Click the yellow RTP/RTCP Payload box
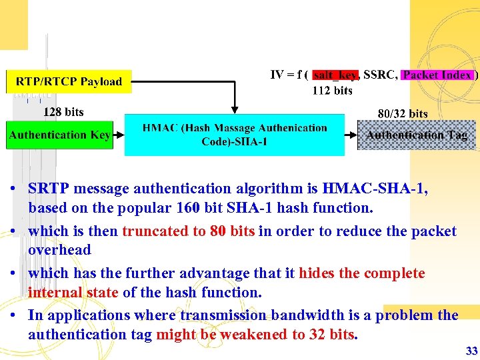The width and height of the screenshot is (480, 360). [x=69, y=82]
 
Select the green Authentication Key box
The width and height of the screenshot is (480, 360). [x=59, y=135]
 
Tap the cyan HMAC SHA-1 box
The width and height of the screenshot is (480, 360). [x=235, y=135]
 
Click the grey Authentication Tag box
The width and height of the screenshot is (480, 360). [x=417, y=135]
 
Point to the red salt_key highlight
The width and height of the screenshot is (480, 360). [x=336, y=75]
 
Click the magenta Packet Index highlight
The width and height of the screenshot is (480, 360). [x=437, y=75]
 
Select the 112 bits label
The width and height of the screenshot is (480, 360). [x=333, y=91]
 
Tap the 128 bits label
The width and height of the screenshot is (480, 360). [x=63, y=111]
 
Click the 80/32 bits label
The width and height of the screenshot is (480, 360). [x=403, y=114]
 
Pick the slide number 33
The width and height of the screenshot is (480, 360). [x=471, y=351]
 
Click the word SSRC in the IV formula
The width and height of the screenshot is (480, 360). [x=380, y=75]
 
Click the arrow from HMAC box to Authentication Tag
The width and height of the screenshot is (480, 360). [x=351, y=135]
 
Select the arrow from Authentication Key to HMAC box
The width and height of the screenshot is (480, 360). [x=119, y=135]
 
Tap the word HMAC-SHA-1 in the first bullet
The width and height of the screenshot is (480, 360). [x=376, y=189]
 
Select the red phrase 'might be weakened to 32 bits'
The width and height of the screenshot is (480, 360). [x=255, y=335]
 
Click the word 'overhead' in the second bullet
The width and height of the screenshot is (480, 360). [x=59, y=250]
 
